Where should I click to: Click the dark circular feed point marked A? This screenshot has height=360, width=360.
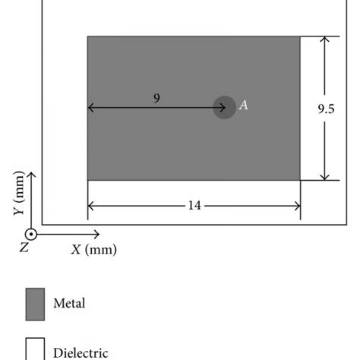coord(225,107)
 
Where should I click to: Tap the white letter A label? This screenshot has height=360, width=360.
coord(244,105)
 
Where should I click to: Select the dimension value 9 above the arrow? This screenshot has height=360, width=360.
coord(156,98)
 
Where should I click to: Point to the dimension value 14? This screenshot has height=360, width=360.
coord(194,205)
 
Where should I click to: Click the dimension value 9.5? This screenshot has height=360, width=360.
coord(326,109)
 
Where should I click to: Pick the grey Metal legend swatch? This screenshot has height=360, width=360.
coord(35,304)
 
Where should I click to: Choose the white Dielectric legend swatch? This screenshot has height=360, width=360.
coord(35,349)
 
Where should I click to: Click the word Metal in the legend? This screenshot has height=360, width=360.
coord(69,303)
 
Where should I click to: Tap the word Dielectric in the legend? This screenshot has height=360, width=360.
coord(81,353)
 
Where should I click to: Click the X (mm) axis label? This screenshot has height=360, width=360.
coord(94,250)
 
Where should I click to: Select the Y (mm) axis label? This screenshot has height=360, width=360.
coord(19,193)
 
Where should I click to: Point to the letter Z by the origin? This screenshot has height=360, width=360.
coord(24,248)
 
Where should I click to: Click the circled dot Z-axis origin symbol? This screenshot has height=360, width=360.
coord(31,235)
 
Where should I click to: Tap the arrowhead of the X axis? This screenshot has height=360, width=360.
coord(97,235)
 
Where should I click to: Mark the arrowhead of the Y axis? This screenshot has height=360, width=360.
coord(31,174)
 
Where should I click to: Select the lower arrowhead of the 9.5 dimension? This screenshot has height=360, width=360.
coord(324,178)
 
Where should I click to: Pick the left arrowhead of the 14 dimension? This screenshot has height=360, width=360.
coord(90,206)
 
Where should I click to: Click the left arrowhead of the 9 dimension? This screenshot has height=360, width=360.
coord(90,108)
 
